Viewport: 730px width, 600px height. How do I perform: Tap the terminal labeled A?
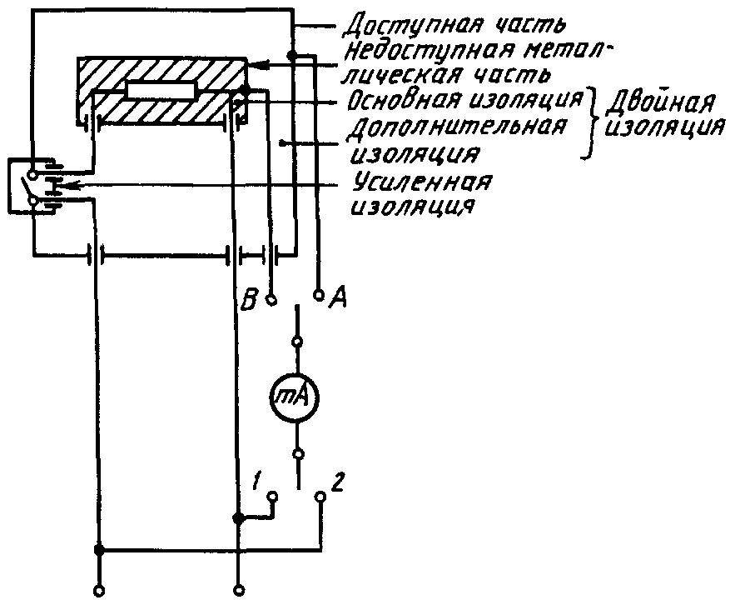click(318, 293)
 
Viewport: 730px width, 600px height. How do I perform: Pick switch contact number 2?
click(320, 497)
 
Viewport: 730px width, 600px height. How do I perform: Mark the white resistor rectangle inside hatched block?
click(161, 91)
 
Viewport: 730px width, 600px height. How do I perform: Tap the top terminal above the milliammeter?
click(298, 342)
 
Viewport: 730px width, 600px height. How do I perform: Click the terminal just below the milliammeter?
click(298, 454)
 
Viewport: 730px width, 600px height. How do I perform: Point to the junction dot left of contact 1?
click(238, 518)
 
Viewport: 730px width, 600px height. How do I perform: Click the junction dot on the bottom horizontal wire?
click(99, 550)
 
